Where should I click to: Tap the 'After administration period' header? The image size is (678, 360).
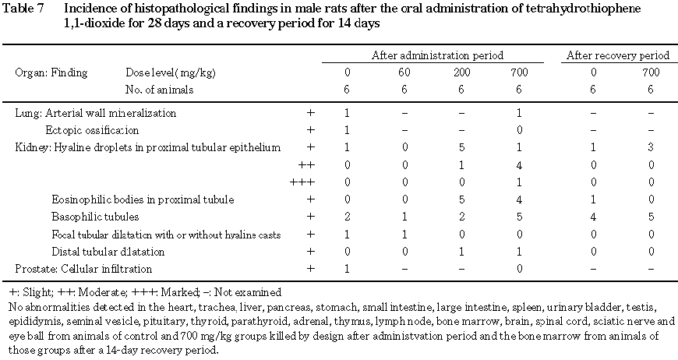(436, 55)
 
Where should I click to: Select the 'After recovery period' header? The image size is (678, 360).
(618, 55)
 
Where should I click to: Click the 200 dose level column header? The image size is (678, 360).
(461, 72)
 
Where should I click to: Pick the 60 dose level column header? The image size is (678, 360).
(403, 72)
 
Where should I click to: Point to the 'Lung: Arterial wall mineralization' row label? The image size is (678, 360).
(96, 113)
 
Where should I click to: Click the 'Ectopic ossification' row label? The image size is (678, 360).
(92, 130)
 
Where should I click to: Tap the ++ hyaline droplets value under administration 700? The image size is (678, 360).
(518, 164)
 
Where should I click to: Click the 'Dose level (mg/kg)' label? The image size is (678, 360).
(171, 72)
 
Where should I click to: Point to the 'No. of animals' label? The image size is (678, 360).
(159, 90)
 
